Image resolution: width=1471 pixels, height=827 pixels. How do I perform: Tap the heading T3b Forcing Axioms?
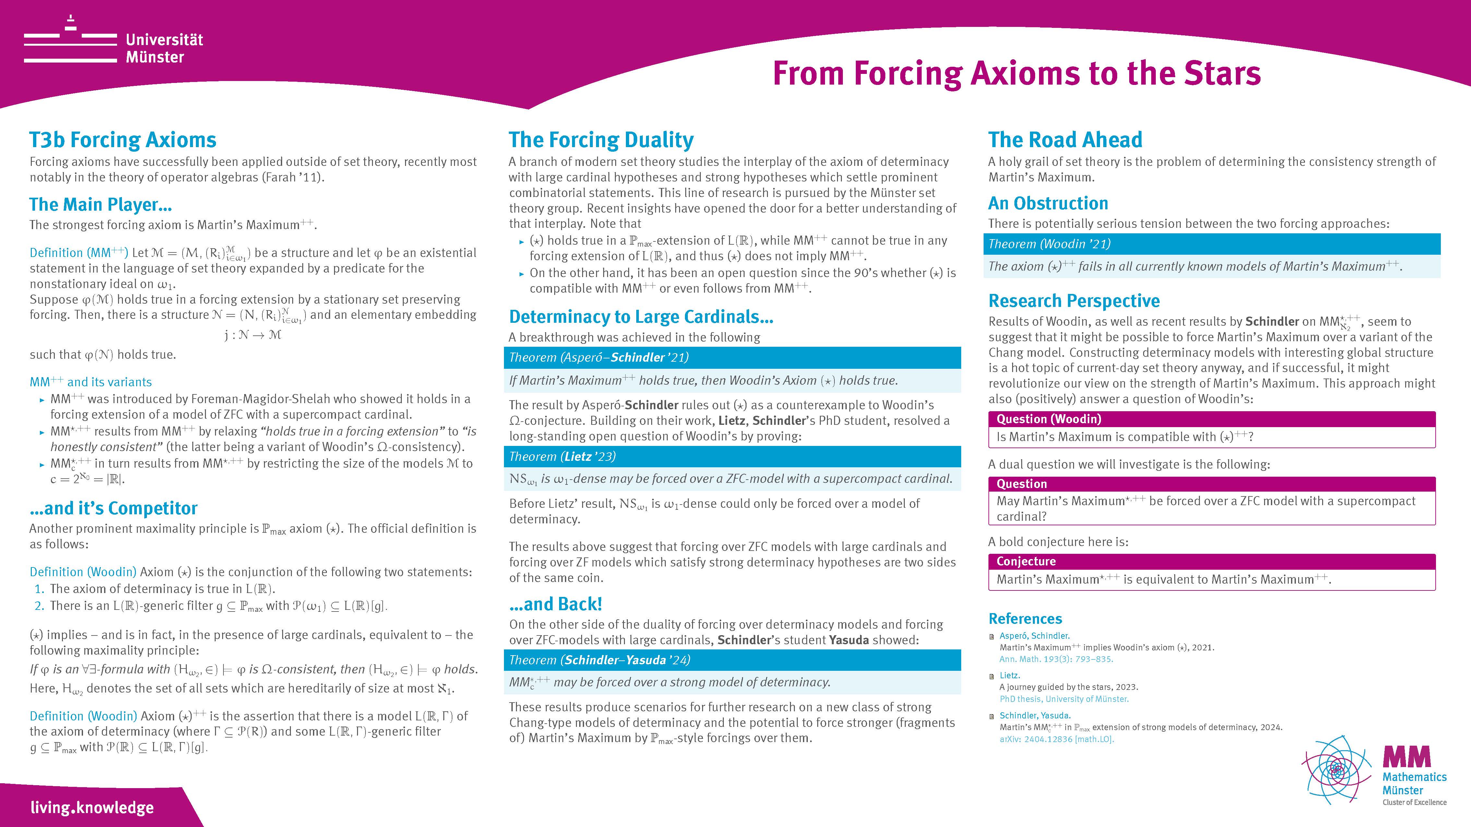tap(123, 140)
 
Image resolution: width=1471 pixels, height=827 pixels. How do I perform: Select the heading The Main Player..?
tap(101, 204)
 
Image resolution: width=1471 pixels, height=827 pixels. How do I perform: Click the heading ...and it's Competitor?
tap(114, 508)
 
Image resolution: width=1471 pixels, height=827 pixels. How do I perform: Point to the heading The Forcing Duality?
tap(601, 140)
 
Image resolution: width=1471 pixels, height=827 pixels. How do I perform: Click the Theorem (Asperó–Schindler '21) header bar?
tap(732, 358)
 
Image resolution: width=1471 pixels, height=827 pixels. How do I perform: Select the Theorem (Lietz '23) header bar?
tap(732, 457)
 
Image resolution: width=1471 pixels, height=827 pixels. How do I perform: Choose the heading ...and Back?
tap(555, 604)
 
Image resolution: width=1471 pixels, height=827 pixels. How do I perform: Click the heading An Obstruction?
tap(1048, 203)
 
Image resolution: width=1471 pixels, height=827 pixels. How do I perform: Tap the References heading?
tap(1025, 619)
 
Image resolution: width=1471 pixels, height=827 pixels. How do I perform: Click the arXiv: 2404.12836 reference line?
tap(1057, 739)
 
